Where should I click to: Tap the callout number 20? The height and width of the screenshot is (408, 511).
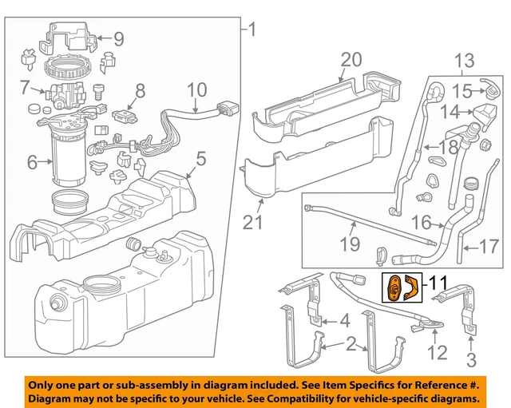(351, 60)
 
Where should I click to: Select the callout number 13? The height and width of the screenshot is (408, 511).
(464, 60)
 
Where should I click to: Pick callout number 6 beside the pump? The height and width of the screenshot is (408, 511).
(33, 163)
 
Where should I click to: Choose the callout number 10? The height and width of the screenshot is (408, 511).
(196, 89)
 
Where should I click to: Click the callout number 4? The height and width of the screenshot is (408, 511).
(344, 322)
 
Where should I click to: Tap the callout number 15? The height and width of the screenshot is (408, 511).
(464, 90)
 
